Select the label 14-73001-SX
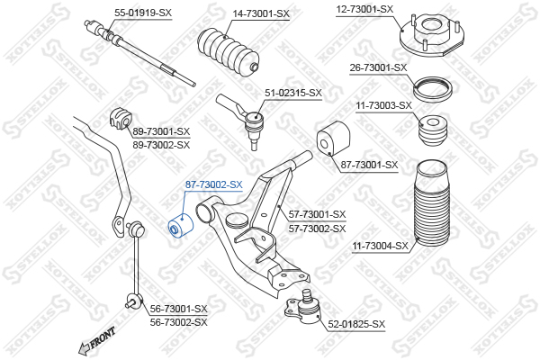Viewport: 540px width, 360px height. click(261, 13)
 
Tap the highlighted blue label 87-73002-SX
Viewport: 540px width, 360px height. click(214, 184)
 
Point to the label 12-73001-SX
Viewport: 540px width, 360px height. click(365, 9)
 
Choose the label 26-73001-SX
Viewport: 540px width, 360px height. click(378, 67)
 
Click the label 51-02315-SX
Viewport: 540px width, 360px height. click(292, 93)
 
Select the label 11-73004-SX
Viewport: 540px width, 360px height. click(379, 245)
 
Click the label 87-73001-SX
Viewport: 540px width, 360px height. click(370, 165)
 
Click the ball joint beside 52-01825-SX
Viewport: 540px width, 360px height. click(306, 305)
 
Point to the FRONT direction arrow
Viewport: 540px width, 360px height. click(96, 340)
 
